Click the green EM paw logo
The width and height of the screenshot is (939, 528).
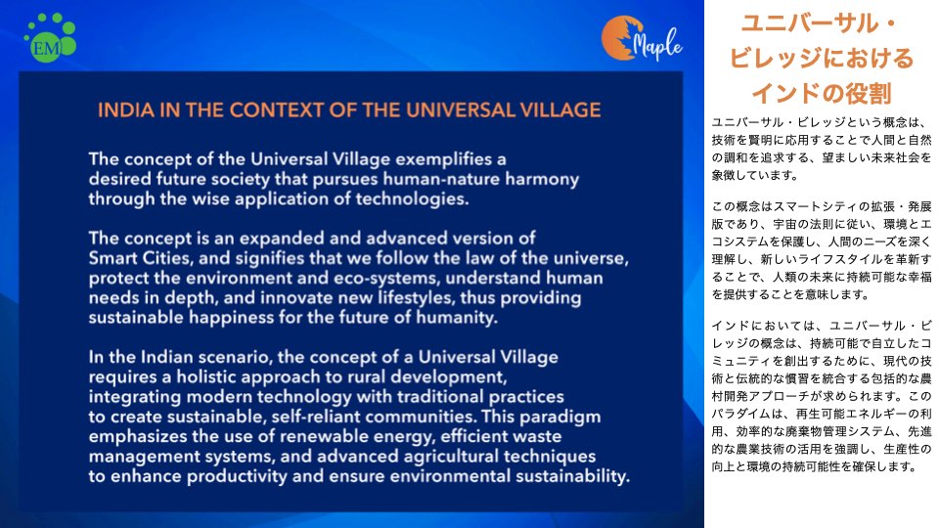click(50, 37)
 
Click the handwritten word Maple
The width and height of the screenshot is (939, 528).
click(658, 44)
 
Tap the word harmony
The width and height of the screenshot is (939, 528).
click(542, 180)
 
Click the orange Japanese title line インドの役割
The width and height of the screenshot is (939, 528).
click(821, 94)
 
